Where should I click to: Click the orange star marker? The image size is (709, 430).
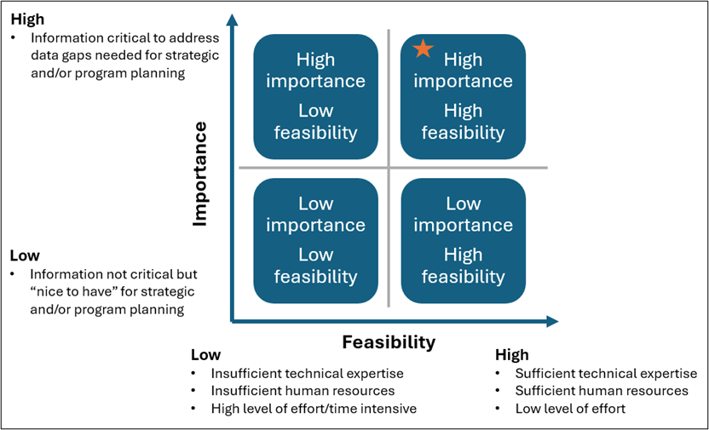pyautogui.click(x=423, y=49)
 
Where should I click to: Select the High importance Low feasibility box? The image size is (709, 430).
pyautogui.click(x=315, y=96)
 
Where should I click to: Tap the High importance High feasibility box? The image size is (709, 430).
pyautogui.click(x=463, y=96)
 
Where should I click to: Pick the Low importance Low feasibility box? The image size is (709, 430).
pyautogui.click(x=315, y=240)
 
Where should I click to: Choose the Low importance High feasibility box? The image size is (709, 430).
pyautogui.click(x=463, y=240)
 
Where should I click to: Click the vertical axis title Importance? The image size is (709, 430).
pyautogui.click(x=200, y=174)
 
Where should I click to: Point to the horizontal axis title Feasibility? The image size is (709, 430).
pyautogui.click(x=389, y=342)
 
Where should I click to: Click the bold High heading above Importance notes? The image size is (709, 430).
pyautogui.click(x=27, y=19)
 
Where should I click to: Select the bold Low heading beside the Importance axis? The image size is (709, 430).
pyautogui.click(x=25, y=255)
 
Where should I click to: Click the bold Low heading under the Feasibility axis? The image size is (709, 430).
pyautogui.click(x=205, y=355)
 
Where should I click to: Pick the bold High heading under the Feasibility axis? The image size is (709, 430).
pyautogui.click(x=512, y=355)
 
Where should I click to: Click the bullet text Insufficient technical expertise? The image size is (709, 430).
pyautogui.click(x=307, y=373)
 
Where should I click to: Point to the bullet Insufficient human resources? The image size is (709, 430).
pyautogui.click(x=303, y=391)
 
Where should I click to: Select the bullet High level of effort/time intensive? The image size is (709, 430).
pyautogui.click(x=314, y=409)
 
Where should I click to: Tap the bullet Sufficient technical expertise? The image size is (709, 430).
pyautogui.click(x=606, y=373)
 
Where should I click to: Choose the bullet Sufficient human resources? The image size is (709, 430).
pyautogui.click(x=602, y=391)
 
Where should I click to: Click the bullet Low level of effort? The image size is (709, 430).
pyautogui.click(x=570, y=409)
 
